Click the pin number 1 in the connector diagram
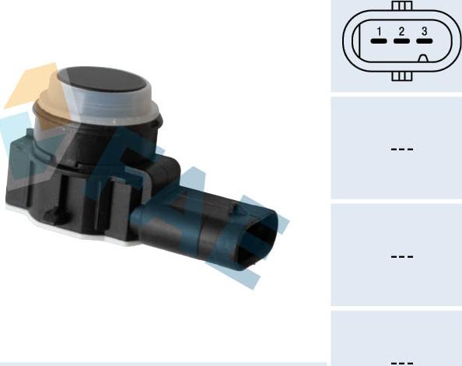[379, 32]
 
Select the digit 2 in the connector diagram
[401, 32]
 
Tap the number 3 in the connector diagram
[424, 32]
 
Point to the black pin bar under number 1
[379, 41]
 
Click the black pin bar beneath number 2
[401, 41]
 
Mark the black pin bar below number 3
[424, 41]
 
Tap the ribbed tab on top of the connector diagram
[401, 5]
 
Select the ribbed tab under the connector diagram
[401, 76]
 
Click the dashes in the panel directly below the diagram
[401, 149]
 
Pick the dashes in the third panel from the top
[401, 255]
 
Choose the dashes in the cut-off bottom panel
[401, 361]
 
